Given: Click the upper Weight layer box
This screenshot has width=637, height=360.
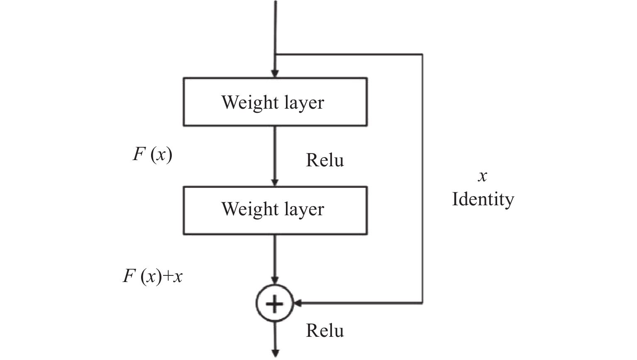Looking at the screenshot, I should click(x=275, y=102).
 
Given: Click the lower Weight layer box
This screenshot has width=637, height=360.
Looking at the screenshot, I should click(x=275, y=210).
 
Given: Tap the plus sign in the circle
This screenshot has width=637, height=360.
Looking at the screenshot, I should click(x=274, y=304).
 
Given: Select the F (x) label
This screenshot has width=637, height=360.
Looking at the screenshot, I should click(x=152, y=154).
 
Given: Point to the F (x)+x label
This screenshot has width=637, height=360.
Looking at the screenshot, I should click(x=153, y=276).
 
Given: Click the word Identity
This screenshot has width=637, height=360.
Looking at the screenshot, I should click(x=483, y=199).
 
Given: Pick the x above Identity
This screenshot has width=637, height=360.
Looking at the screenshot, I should click(x=482, y=176).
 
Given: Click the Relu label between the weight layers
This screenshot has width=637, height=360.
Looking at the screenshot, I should click(x=325, y=161).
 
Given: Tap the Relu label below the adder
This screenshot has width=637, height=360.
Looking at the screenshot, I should click(x=325, y=331).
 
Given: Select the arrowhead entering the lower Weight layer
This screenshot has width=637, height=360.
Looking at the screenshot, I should click(x=275, y=182).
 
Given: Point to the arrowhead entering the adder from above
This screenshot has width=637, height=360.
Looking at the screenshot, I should click(x=275, y=281).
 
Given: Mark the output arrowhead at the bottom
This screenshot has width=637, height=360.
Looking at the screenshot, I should click(x=275, y=353).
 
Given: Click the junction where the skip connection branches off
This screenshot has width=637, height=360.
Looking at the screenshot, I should click(x=275, y=54).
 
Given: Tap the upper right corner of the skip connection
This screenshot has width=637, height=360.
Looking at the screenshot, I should click(x=422, y=54).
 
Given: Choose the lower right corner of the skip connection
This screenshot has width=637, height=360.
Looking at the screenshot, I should click(x=422, y=303).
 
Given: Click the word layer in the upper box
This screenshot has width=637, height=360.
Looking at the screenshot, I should click(x=304, y=103).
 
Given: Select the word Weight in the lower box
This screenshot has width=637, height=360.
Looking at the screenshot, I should click(x=244, y=209).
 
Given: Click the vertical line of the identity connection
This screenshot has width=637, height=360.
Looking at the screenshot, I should click(x=422, y=124).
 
